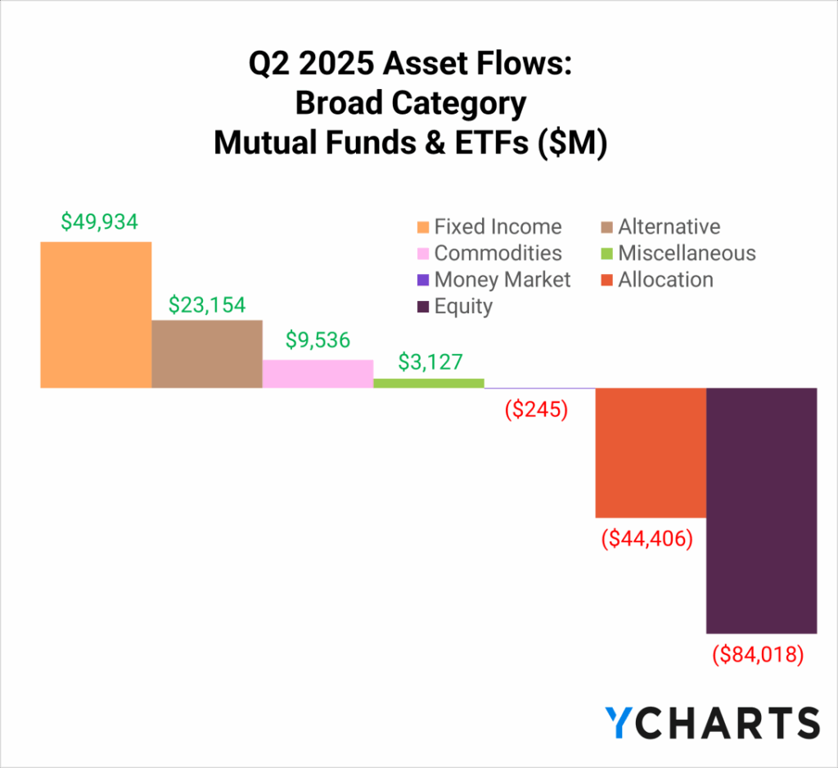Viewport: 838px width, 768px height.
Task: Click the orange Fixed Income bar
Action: [97, 315]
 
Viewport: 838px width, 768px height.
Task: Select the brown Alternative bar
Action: [207, 354]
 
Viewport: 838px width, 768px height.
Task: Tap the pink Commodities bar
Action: [318, 374]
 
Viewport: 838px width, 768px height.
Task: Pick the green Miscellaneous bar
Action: [429, 383]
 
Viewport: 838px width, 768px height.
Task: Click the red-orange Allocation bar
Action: [651, 453]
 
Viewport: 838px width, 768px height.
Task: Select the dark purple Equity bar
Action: [762, 511]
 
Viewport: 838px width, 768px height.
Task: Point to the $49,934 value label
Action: [99, 222]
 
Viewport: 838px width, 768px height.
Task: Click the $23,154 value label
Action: [207, 305]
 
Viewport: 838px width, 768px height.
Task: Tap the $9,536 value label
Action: [318, 340]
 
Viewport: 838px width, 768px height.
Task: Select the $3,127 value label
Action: [430, 362]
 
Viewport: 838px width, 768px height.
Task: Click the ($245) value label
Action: [537, 410]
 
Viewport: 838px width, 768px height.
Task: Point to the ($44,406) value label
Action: [647, 539]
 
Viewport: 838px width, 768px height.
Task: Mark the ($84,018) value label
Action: [758, 655]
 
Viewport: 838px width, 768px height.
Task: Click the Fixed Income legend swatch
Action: [423, 227]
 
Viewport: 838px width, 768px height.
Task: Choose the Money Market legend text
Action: [502, 280]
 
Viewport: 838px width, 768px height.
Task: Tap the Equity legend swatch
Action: [423, 307]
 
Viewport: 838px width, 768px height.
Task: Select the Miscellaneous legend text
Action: [687, 254]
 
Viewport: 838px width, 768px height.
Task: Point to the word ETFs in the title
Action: [492, 142]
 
